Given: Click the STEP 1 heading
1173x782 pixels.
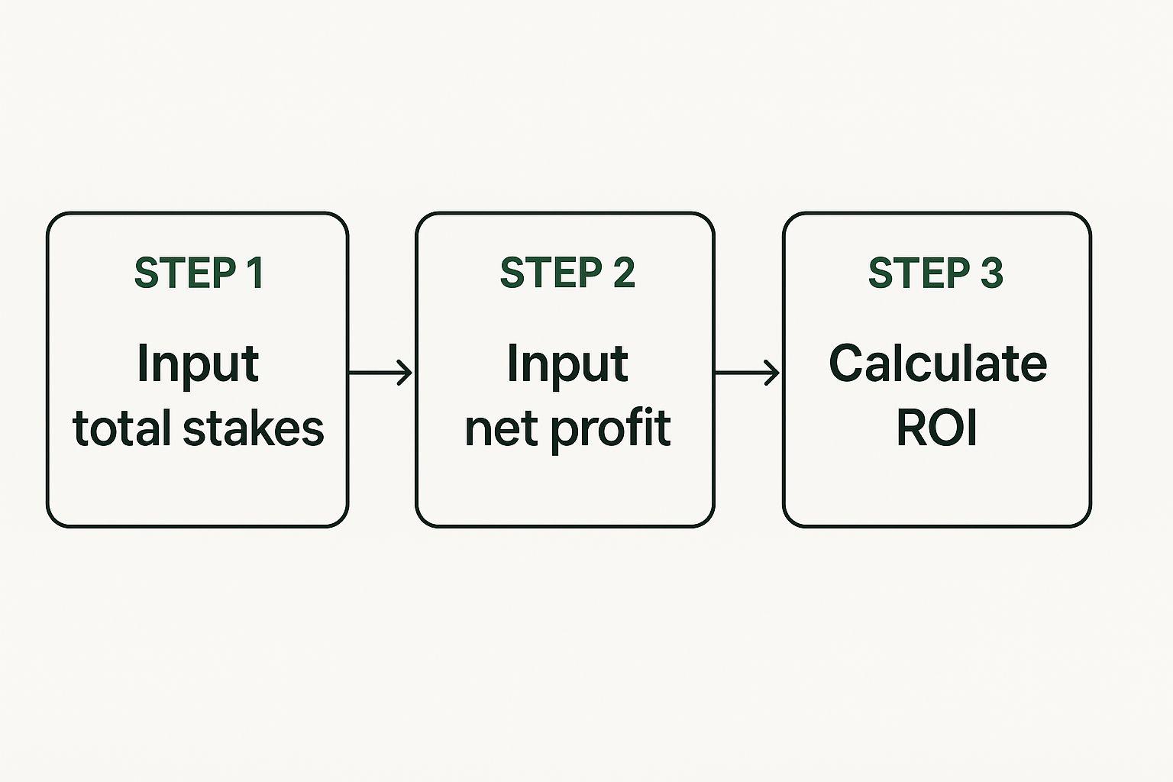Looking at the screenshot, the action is [199, 273].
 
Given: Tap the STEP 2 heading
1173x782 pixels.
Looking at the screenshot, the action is [567, 273].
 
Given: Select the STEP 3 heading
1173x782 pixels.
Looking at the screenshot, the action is [935, 273].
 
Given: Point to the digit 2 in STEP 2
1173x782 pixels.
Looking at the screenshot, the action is [624, 273].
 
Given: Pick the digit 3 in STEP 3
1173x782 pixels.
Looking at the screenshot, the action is [992, 273].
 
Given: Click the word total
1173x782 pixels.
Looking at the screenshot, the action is [124, 428].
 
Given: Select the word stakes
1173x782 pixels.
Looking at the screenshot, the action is [254, 428].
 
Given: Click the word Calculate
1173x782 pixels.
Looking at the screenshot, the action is [938, 363].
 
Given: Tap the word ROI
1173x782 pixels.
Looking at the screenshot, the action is [937, 428].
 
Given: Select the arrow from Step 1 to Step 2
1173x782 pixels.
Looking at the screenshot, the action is [381, 373].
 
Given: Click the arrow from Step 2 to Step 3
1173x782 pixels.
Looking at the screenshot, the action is [748, 373].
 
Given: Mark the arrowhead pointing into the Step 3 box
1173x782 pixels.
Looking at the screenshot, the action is [773, 373].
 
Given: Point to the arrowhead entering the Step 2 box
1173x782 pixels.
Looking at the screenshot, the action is [406, 373].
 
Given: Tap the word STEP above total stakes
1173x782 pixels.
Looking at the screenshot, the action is [184, 273].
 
